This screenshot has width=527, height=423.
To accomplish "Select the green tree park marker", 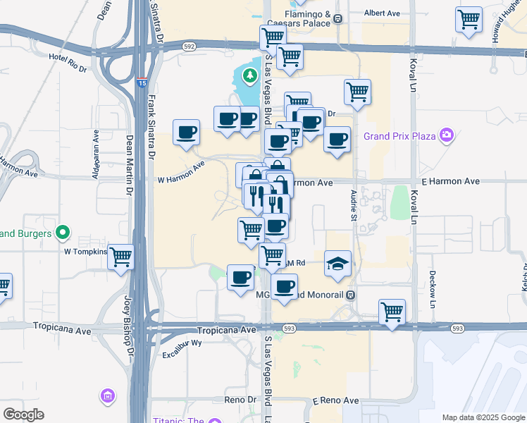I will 249,74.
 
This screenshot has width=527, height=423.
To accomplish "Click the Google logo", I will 23,415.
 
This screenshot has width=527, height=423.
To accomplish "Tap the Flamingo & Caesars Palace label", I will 307,18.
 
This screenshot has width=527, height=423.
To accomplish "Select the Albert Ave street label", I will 382,13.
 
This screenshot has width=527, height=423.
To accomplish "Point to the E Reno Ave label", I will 335,400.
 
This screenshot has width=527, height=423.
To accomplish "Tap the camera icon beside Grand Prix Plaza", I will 445,135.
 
